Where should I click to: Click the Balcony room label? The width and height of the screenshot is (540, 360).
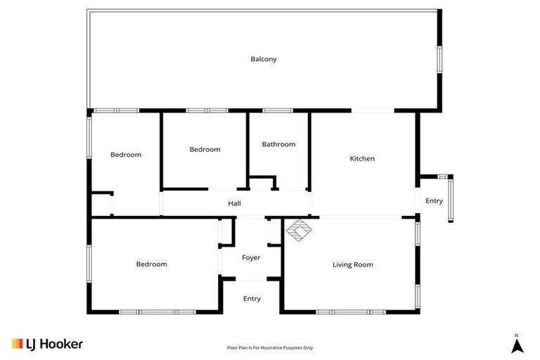pyautogui.click(x=264, y=59)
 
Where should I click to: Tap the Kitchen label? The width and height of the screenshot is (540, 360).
pyautogui.click(x=362, y=159)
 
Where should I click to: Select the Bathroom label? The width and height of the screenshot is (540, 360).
pyautogui.click(x=278, y=144)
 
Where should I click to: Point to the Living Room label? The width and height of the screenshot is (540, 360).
pyautogui.click(x=352, y=265)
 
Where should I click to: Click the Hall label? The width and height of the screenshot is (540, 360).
pyautogui.click(x=235, y=204)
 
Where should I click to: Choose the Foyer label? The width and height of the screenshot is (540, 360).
pyautogui.click(x=251, y=258)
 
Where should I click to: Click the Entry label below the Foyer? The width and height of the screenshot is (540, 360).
pyautogui.click(x=252, y=299)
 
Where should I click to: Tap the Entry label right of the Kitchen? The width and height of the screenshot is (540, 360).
pyautogui.click(x=435, y=201)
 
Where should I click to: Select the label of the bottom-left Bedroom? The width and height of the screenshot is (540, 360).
pyautogui.click(x=151, y=264)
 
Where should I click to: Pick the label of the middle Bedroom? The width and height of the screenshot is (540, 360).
pyautogui.click(x=205, y=150)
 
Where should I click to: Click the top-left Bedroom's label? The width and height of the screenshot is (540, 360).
pyautogui.click(x=126, y=155)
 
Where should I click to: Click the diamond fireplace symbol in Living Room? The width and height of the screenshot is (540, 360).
pyautogui.click(x=299, y=231)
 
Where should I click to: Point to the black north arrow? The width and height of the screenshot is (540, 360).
pyautogui.click(x=517, y=346)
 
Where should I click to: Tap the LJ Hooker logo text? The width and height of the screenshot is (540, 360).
pyautogui.click(x=55, y=344)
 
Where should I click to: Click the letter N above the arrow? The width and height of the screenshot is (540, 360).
pyautogui.click(x=517, y=335)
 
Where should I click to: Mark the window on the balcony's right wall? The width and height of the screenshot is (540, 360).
pyautogui.click(x=440, y=59)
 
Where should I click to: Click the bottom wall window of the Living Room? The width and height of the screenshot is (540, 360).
pyautogui.click(x=351, y=311)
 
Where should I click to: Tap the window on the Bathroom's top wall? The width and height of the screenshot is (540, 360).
pyautogui.click(x=278, y=110)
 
